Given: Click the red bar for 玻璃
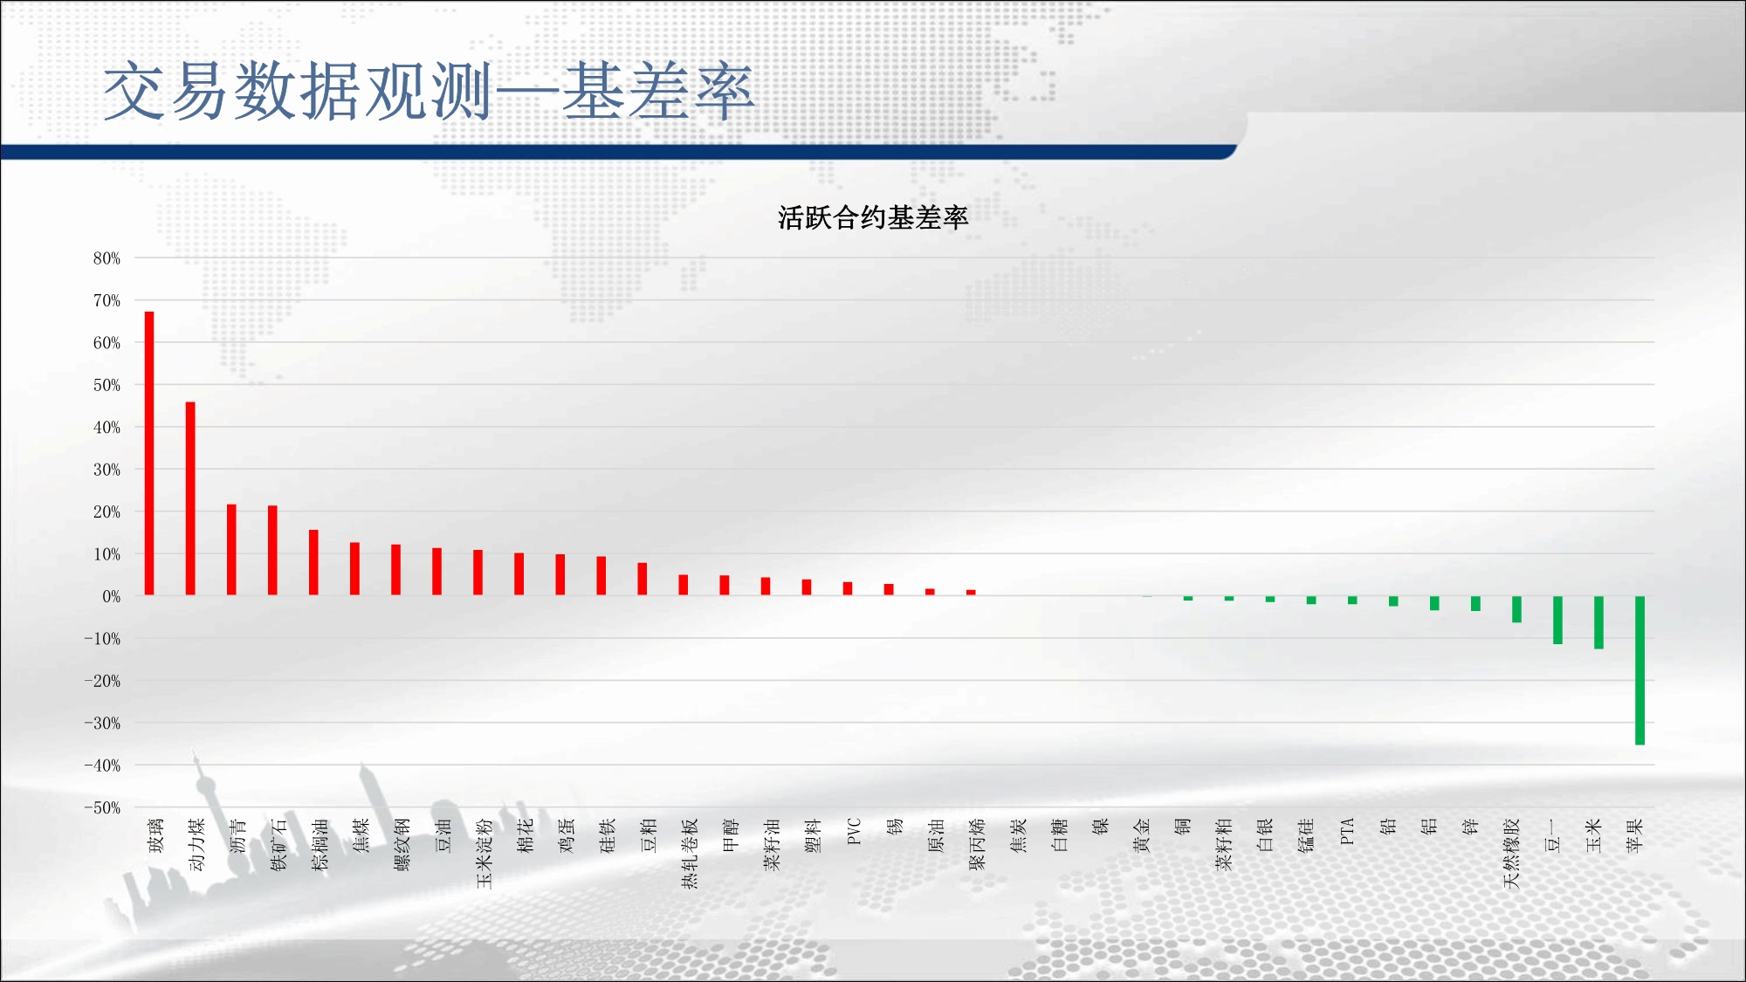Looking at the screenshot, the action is click(149, 453).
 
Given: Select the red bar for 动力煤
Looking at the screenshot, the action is click(190, 498).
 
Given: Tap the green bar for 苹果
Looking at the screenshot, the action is click(1639, 670).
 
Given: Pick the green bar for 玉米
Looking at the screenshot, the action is click(1598, 622).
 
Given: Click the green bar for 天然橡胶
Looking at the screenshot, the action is click(1516, 609).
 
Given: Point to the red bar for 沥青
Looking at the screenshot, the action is click(231, 550).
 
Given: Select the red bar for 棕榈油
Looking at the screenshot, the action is click(313, 562).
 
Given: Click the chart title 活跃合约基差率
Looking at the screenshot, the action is click(873, 217).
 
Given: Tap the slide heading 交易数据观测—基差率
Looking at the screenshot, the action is click(428, 91).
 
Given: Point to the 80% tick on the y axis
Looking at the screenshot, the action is click(107, 258).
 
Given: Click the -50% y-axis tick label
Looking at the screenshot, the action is click(102, 807).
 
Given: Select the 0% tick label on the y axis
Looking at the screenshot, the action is click(111, 597).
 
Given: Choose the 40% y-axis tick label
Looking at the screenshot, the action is click(107, 428).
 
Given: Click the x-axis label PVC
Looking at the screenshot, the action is click(854, 832).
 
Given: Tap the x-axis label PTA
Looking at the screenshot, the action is click(1347, 831).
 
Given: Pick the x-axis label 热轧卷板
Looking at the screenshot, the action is click(690, 854).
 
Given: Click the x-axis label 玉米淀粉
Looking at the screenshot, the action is click(485, 854).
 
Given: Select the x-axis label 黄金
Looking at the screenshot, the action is click(1141, 835).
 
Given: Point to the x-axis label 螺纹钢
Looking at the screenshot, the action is click(402, 844).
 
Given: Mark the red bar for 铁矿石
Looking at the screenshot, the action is click(272, 551).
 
